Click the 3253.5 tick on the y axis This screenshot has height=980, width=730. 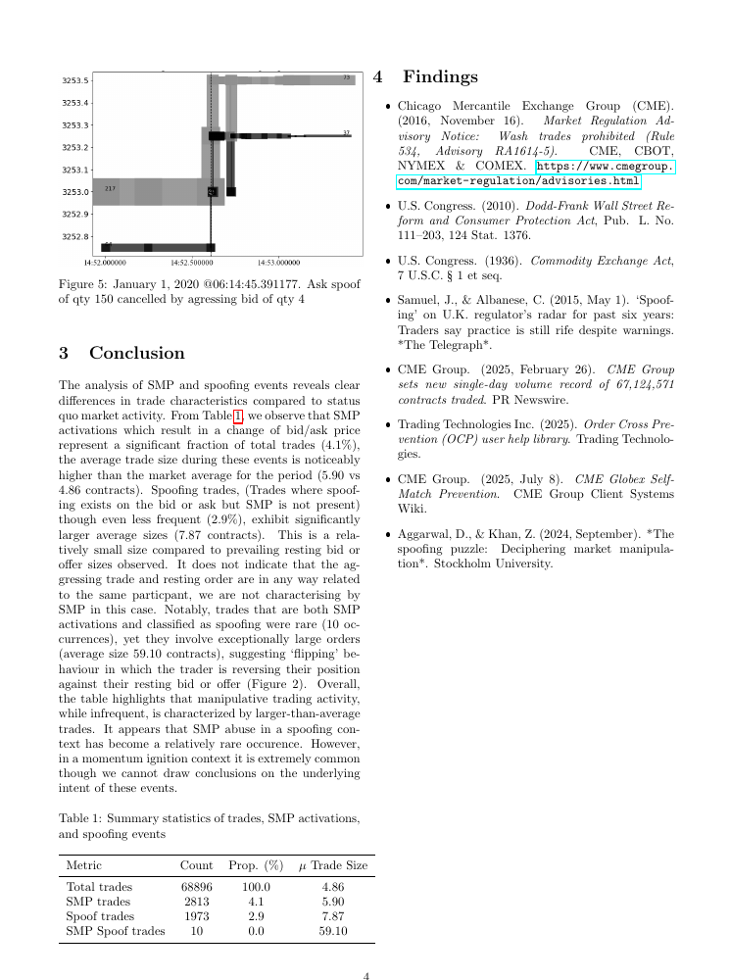pyautogui.click(x=76, y=81)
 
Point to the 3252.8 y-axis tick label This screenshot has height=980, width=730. pyautogui.click(x=76, y=236)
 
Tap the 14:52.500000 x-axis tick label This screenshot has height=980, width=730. pyautogui.click(x=191, y=263)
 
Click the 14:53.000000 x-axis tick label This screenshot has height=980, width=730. pyautogui.click(x=279, y=263)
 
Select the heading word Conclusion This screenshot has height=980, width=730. pyautogui.click(x=136, y=353)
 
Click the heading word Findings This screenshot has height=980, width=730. pyautogui.click(x=440, y=77)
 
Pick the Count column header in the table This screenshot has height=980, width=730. pyautogui.click(x=197, y=865)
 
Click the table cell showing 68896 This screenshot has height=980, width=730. pyautogui.click(x=197, y=887)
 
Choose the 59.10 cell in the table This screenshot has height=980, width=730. pyautogui.click(x=333, y=931)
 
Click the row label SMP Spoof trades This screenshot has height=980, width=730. pyautogui.click(x=115, y=931)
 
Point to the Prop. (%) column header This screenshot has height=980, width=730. pyautogui.click(x=256, y=865)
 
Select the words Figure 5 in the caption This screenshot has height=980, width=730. pyautogui.click(x=82, y=282)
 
